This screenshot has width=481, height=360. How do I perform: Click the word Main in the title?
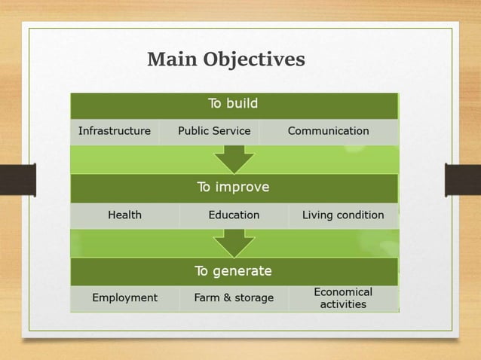coord(171,59)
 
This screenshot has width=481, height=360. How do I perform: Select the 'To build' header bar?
coord(234,104)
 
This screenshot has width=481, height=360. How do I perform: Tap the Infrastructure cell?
coord(115,131)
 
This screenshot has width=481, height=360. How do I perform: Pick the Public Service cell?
coord(214,131)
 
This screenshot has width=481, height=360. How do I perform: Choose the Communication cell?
coord(329,131)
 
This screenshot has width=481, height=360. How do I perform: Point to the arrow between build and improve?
coord(234,159)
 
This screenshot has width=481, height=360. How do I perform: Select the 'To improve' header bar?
coord(234,188)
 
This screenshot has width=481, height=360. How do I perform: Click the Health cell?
coord(124,215)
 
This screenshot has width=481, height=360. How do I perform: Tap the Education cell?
coord(234,215)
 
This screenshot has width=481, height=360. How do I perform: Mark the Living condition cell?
coord(343,215)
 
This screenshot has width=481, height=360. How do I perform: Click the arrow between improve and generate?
coord(234,243)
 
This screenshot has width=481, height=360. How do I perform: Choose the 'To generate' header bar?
coord(234,271)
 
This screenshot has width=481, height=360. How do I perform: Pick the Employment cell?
coord(124,298)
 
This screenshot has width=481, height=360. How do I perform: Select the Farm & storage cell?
coord(234,298)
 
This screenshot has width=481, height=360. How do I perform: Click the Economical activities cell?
coord(343,298)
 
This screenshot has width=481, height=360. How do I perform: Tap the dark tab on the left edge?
coord(17,180)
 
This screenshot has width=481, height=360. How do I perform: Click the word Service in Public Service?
coord(231,131)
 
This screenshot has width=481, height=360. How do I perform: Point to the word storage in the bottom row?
coord(253,298)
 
